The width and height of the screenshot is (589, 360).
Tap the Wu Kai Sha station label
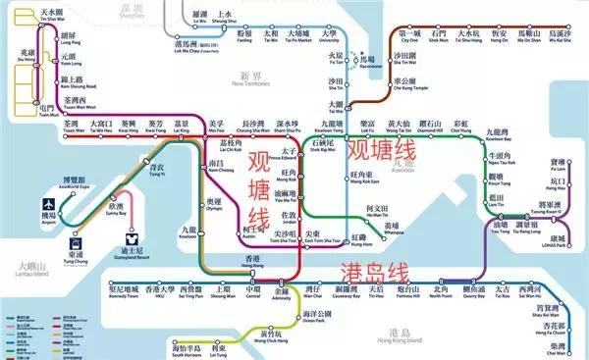(562, 37)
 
